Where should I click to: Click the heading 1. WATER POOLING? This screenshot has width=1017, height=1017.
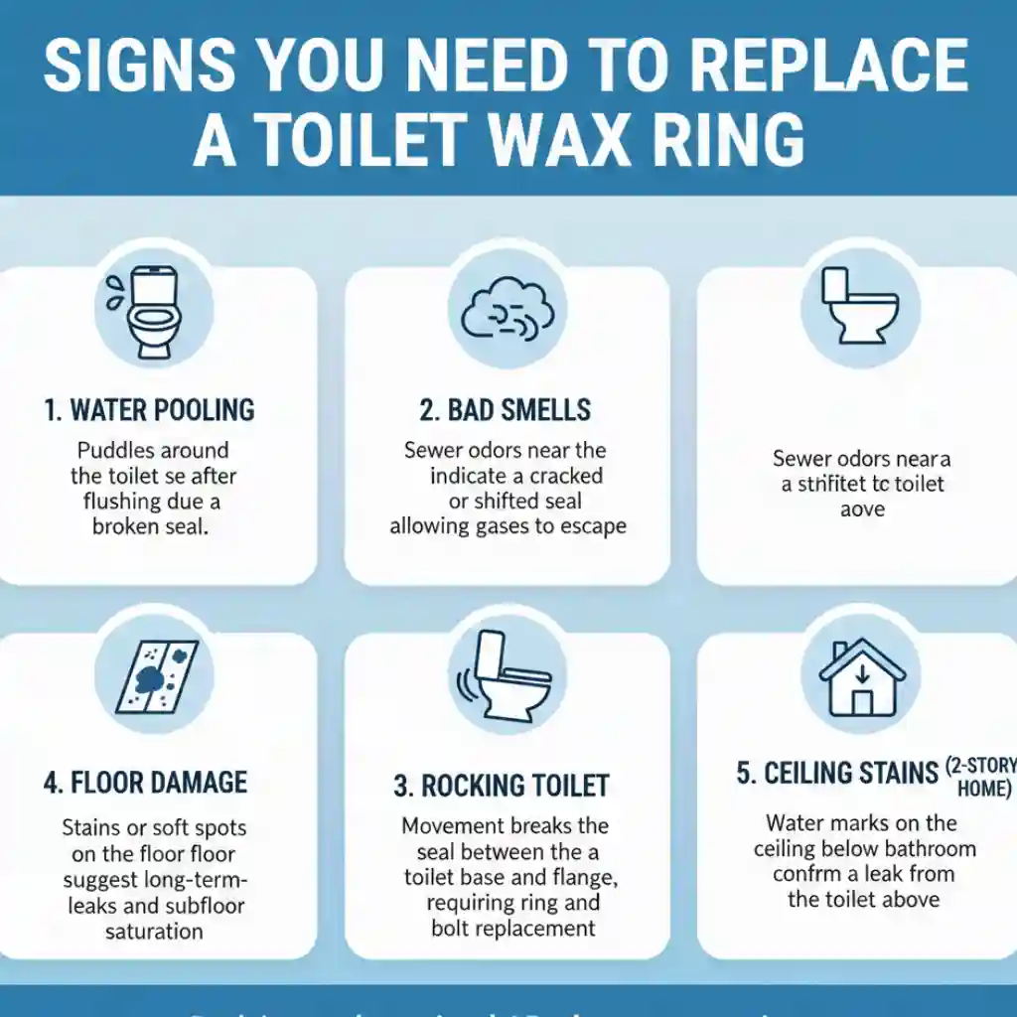click(x=149, y=409)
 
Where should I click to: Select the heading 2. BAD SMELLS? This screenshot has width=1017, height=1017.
click(x=506, y=409)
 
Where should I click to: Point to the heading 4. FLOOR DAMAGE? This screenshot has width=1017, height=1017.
click(x=145, y=782)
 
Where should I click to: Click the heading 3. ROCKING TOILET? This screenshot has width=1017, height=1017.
click(x=501, y=786)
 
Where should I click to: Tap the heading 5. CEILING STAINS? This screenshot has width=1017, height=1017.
click(x=837, y=774)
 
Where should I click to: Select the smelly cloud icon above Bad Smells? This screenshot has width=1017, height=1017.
click(x=506, y=303)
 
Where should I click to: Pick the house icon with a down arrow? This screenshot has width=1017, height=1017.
click(x=861, y=676)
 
